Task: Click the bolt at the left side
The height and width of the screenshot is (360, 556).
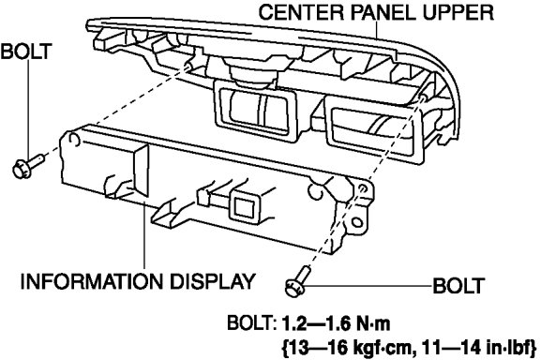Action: (x=27, y=166)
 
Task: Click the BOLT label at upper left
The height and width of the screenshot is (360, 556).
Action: (x=26, y=52)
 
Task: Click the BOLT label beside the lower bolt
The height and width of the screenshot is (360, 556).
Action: (x=458, y=286)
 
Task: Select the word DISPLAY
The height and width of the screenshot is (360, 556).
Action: (x=213, y=281)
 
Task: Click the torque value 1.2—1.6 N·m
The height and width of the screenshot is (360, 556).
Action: (x=337, y=323)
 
